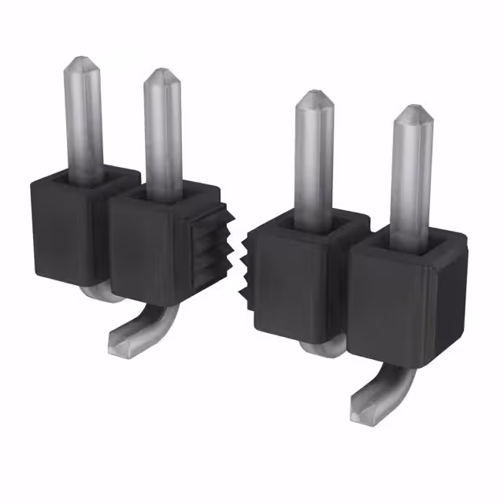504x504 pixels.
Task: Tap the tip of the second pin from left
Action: click(161, 73)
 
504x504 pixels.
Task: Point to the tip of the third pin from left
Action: click(313, 95)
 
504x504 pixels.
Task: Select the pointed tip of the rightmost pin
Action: click(411, 109)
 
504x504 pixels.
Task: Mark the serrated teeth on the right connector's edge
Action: click(246, 272)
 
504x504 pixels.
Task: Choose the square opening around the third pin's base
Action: click(314, 223)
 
